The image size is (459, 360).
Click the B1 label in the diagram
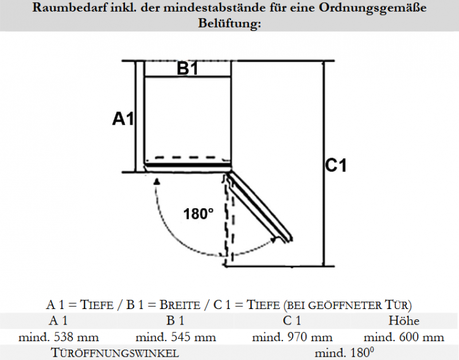[x=188, y=69]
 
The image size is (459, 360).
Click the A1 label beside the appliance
[x=123, y=119]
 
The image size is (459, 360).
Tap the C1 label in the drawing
[x=336, y=165]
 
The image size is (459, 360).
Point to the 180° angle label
[x=199, y=214]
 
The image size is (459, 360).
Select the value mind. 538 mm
[x=59, y=337]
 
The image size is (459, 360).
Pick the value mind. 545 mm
[x=176, y=337]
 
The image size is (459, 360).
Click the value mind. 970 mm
[x=292, y=337]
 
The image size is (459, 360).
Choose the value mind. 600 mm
[x=404, y=337]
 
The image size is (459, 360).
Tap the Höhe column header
[x=404, y=320]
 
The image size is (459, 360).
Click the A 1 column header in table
[x=59, y=320]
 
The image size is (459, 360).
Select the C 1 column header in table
[x=292, y=320]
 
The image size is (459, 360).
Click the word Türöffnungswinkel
[x=115, y=353]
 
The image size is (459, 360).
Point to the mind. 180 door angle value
[x=344, y=353]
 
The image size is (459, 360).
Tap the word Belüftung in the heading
[x=229, y=23]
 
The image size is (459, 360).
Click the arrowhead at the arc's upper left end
[x=157, y=182]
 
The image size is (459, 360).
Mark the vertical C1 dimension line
[x=323, y=164]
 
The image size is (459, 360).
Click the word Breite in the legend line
[x=180, y=305]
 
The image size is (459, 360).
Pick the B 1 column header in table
[x=176, y=320]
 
